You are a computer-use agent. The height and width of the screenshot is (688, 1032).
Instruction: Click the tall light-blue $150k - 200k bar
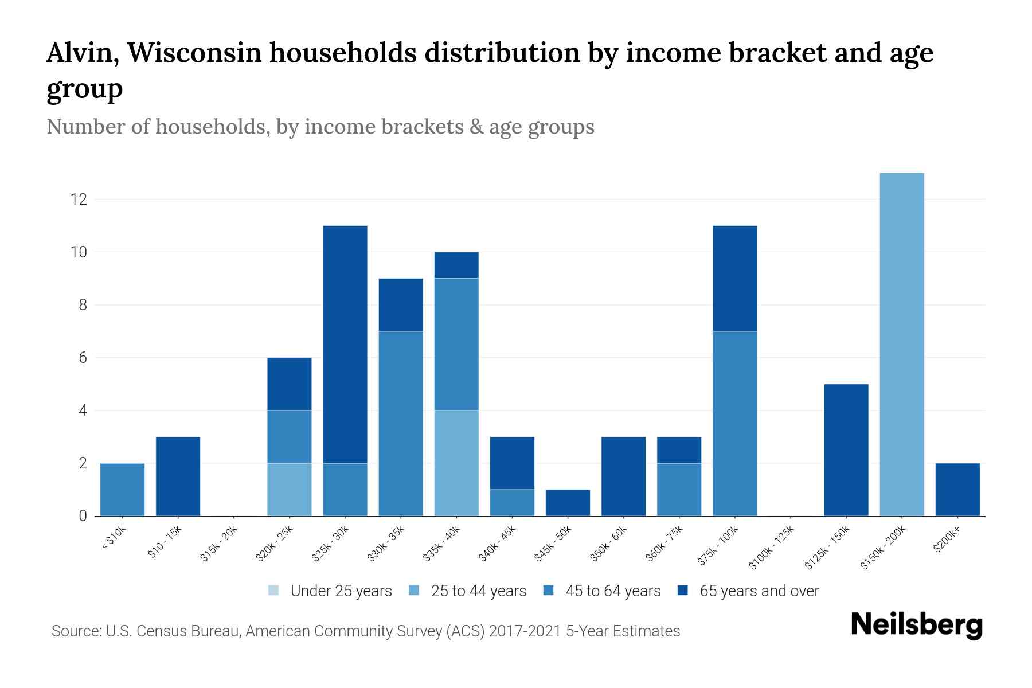[x=902, y=344]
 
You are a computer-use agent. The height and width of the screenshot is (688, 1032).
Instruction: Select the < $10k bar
[x=122, y=490]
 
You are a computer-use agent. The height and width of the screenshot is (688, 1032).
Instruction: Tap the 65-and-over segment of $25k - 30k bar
[x=345, y=344]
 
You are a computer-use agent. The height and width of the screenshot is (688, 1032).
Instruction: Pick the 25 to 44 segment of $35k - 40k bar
[x=456, y=463]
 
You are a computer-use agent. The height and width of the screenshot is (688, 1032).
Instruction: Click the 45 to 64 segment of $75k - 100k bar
[x=734, y=423]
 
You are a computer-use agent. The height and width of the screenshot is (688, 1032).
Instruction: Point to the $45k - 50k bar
[x=568, y=503]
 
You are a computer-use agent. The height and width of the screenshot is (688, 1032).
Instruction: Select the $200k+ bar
[x=957, y=490]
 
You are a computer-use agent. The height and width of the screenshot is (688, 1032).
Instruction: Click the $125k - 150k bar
[x=846, y=450]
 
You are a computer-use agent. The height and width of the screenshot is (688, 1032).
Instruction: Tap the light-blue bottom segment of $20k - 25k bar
[x=290, y=490]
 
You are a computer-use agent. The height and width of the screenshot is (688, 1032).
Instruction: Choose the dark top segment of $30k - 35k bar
[x=401, y=304]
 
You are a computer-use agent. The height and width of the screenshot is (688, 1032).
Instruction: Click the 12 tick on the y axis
[x=79, y=200]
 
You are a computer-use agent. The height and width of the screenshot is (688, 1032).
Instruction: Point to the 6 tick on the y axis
[x=83, y=358]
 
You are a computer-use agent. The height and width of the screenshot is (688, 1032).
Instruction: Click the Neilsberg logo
[x=916, y=626]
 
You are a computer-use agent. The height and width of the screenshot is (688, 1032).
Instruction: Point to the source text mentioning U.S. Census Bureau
[x=365, y=631]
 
